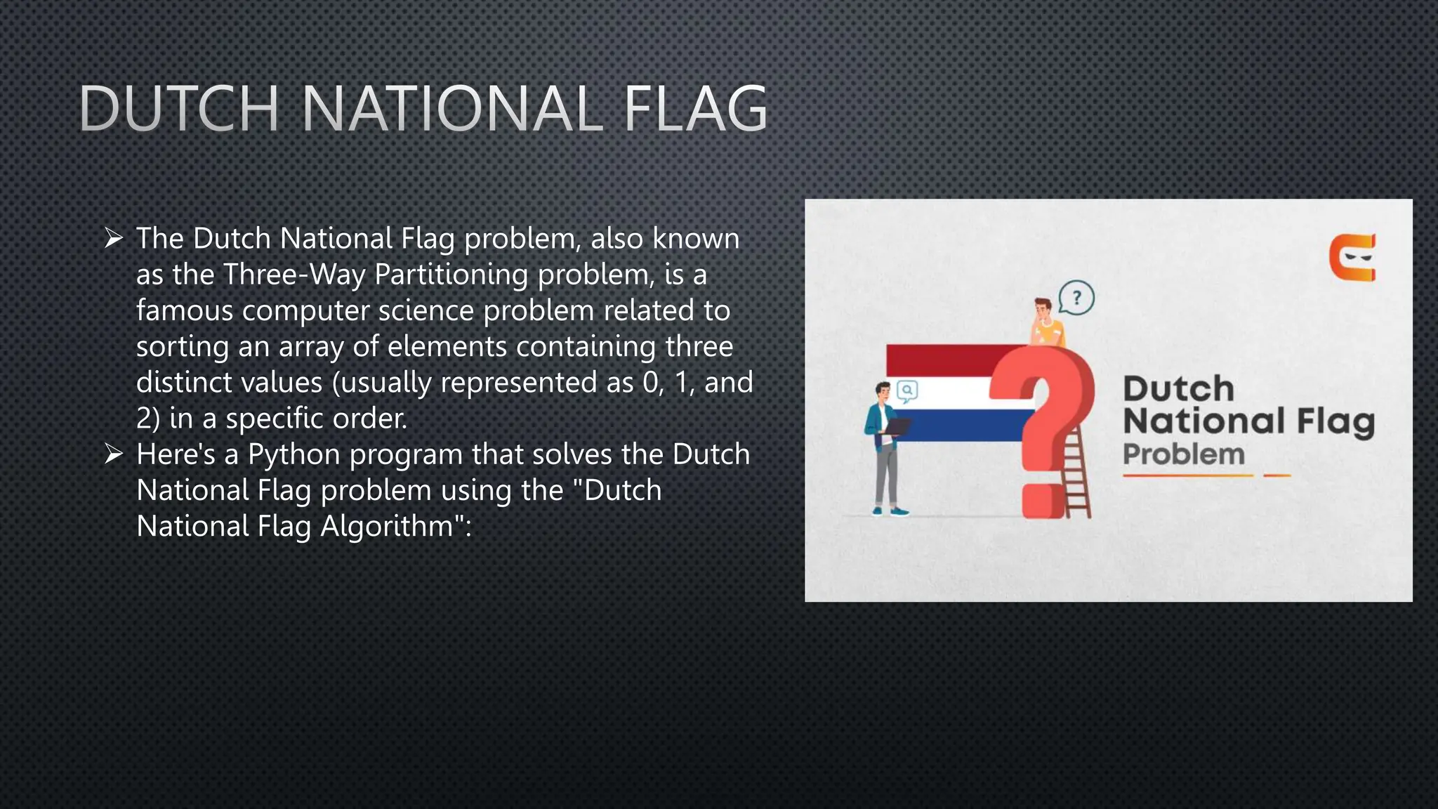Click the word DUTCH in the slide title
coord(180,109)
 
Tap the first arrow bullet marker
coord(114,238)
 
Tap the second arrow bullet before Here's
coord(114,454)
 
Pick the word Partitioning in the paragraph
coord(451,275)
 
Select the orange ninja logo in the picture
coord(1352,258)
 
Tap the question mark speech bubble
coord(1076,298)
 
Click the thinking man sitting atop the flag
coord(1046,323)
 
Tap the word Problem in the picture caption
coord(1184,454)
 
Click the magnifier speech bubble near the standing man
coord(907,391)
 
